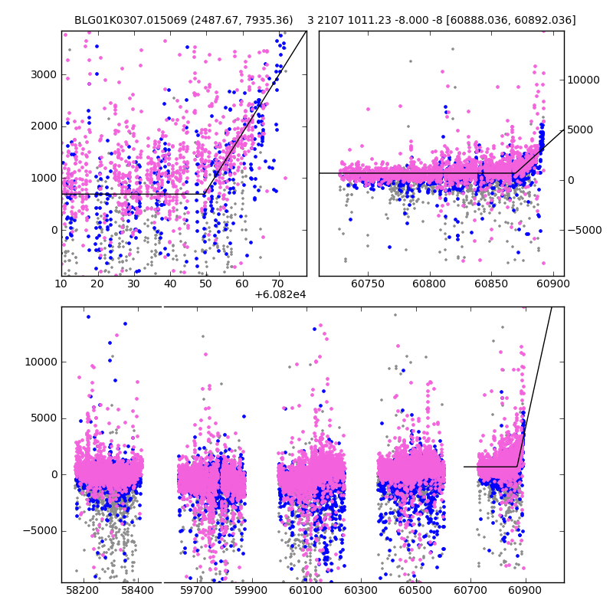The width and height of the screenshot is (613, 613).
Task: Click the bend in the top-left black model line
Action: pos(205,193)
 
